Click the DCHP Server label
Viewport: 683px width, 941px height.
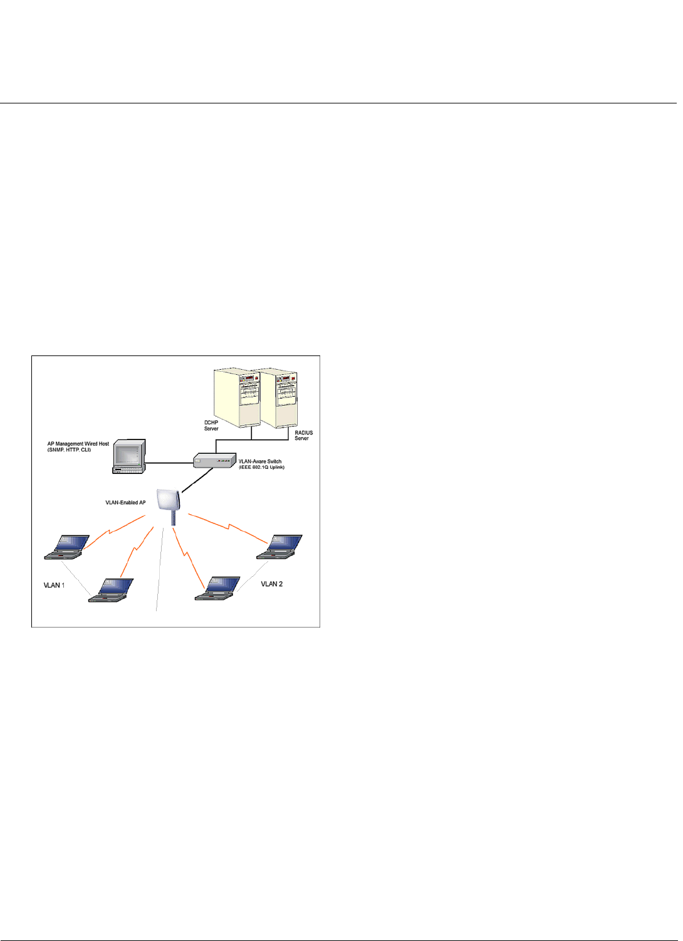(x=211, y=426)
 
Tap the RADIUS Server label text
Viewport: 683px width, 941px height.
(x=303, y=435)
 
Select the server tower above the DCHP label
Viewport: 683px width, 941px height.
(x=236, y=396)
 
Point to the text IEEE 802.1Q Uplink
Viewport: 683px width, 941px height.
(x=262, y=467)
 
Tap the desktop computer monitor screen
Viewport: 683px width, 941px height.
(x=128, y=453)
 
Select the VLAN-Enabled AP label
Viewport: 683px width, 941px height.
(x=125, y=503)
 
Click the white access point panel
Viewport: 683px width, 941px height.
(x=168, y=501)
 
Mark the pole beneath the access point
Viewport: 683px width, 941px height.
(x=174, y=518)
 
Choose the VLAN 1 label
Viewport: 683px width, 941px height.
(x=54, y=586)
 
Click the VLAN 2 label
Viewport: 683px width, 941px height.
(x=271, y=584)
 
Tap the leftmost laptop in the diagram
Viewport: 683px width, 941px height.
(x=66, y=547)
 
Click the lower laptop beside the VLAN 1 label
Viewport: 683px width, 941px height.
(x=111, y=590)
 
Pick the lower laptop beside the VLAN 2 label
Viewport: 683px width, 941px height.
(x=217, y=588)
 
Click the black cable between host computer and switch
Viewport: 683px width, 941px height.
(x=169, y=463)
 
